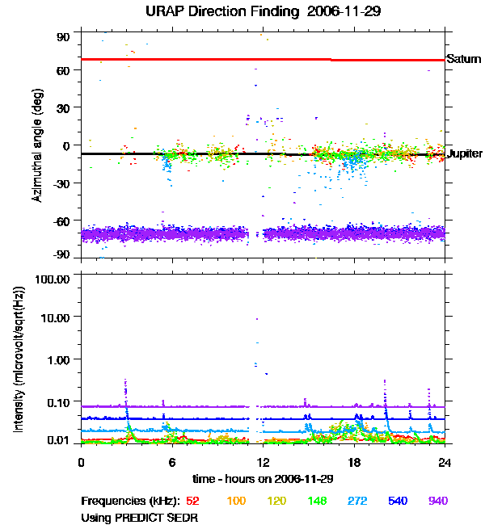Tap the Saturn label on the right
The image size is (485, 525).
[464, 59]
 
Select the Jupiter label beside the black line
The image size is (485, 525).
[465, 153]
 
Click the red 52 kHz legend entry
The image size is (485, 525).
[192, 501]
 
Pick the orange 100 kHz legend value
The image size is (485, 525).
[236, 501]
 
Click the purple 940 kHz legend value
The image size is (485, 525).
[437, 501]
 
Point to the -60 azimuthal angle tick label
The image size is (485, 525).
[61, 220]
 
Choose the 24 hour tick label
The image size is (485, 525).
[445, 463]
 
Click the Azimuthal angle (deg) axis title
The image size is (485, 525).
[36, 146]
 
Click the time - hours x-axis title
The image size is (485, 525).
[262, 478]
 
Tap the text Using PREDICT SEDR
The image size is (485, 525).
[140, 517]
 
